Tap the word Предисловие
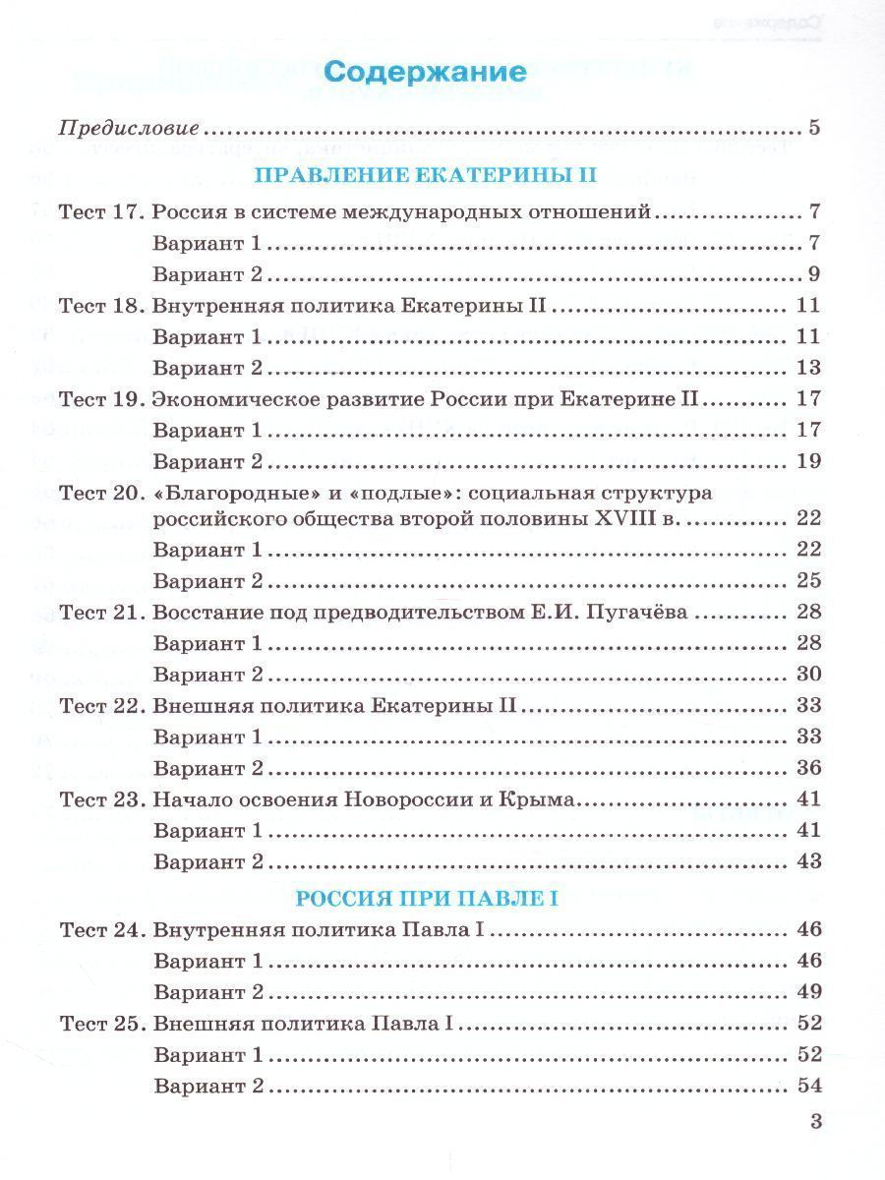[130, 129]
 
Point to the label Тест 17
[101, 212]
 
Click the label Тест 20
[101, 493]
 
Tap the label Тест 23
[101, 800]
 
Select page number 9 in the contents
[813, 274]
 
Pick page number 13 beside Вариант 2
[808, 369]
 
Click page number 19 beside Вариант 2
[808, 461]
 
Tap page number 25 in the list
[808, 580]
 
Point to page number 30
[808, 675]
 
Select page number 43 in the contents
[808, 861]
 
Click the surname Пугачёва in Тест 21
[642, 613]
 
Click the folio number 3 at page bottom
[813, 1121]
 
